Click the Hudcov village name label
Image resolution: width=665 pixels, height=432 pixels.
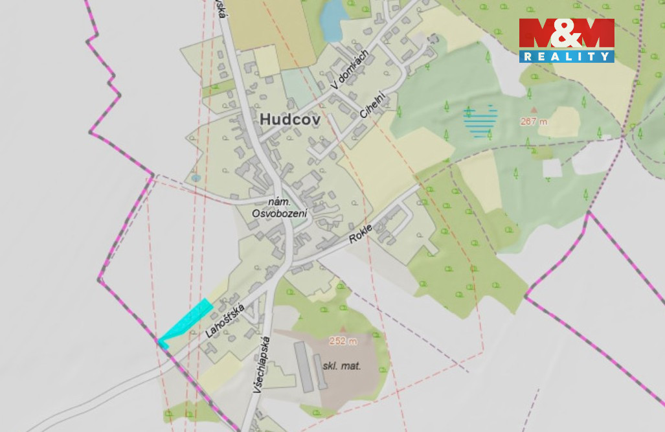pyautogui.click(x=290, y=119)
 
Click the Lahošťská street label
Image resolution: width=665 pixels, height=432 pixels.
pyautogui.click(x=223, y=321)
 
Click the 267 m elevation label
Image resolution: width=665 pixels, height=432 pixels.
pyautogui.click(x=533, y=121)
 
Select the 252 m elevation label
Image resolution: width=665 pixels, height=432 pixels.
pyautogui.click(x=343, y=341)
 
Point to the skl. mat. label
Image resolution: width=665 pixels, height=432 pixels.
pyautogui.click(x=341, y=366)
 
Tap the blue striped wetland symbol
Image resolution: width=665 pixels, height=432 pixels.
pyautogui.click(x=480, y=121)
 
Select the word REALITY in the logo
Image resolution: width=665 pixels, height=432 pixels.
pyautogui.click(x=566, y=56)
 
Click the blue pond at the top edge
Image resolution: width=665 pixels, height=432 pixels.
pyautogui.click(x=332, y=19)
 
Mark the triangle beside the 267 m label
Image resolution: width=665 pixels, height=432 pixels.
pyautogui.click(x=534, y=110)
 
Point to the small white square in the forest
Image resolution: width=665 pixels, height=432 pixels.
pyautogui.click(x=552, y=168)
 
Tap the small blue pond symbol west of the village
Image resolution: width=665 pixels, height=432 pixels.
pyautogui.click(x=196, y=177)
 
